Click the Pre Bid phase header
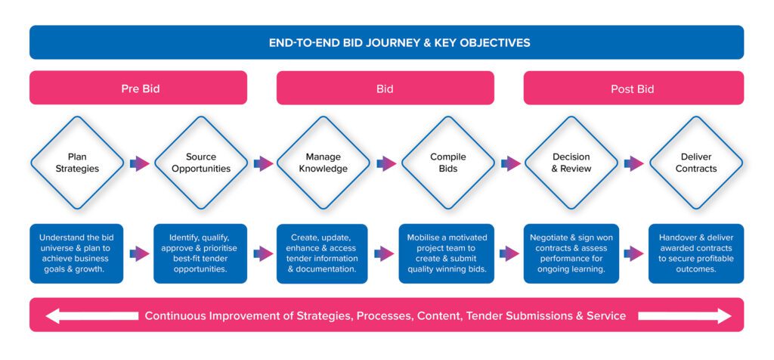pos(138,88)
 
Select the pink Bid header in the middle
pos(385,88)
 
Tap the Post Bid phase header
pos(633,88)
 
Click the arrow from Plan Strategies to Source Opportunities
pos(140,163)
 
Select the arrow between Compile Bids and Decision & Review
pos(511,163)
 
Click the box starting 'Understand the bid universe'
pos(76,253)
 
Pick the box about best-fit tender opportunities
pos(200,253)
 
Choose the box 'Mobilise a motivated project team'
pos(446,253)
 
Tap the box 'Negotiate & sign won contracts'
pos(571,253)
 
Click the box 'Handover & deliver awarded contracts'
pos(696,253)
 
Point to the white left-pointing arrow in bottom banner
pos(91,315)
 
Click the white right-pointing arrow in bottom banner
pos(685,315)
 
